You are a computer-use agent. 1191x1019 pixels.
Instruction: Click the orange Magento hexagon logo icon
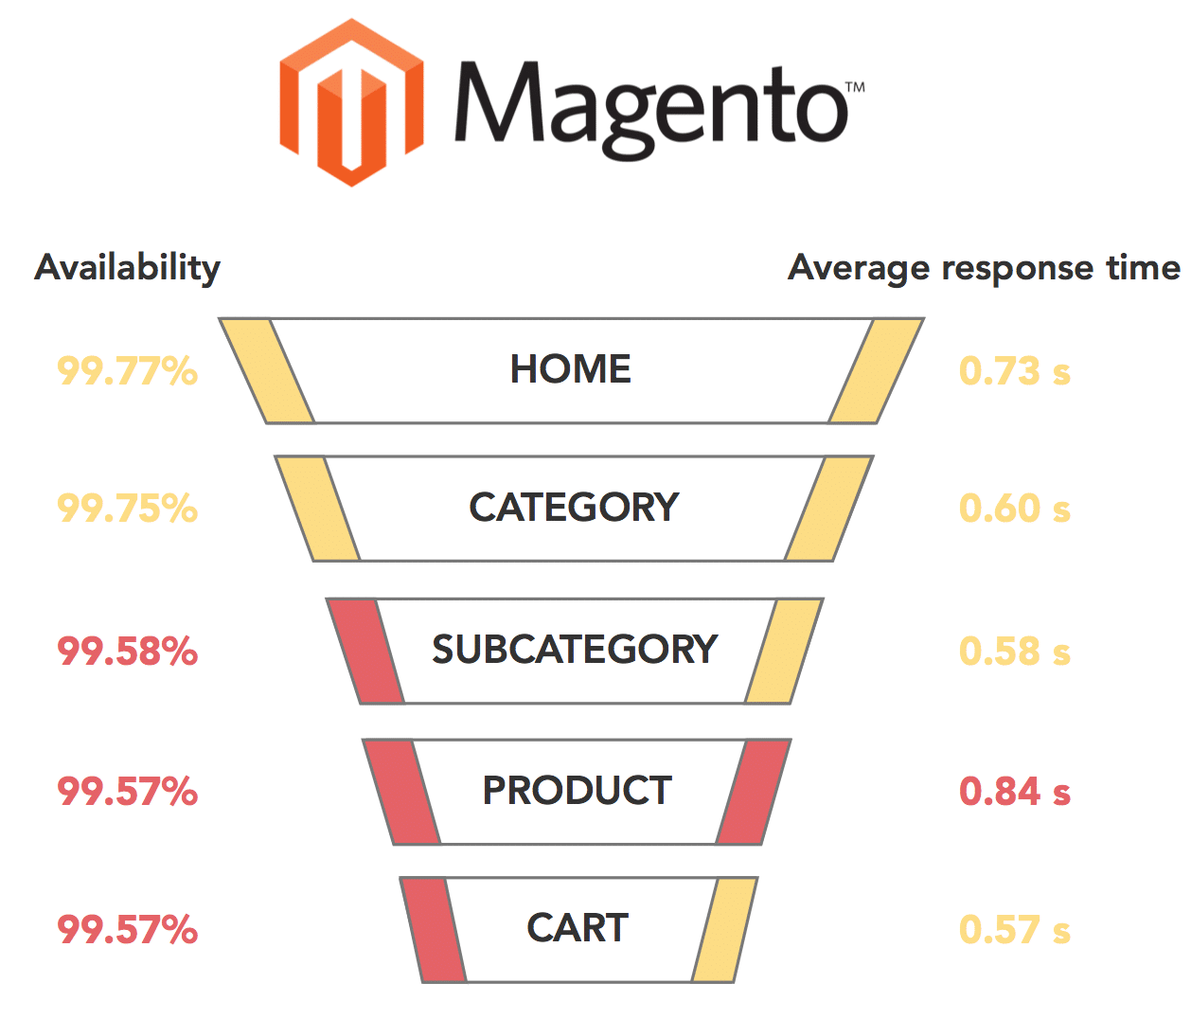tap(351, 102)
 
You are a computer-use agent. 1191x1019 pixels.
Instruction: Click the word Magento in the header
tap(651, 107)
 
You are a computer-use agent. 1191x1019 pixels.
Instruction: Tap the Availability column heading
tap(128, 268)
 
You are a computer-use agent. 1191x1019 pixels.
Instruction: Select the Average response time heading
tap(984, 268)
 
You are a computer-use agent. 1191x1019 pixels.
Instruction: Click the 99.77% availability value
tap(128, 370)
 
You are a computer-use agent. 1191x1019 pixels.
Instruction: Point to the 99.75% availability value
tap(128, 509)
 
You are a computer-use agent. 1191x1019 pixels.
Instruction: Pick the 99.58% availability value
tap(128, 652)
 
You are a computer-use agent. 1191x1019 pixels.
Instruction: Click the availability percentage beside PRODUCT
tap(128, 792)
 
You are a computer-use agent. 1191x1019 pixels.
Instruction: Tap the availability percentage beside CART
tap(128, 930)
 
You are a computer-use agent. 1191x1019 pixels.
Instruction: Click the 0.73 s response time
tap(1014, 371)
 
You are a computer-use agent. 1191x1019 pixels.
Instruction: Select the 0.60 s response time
tap(1014, 509)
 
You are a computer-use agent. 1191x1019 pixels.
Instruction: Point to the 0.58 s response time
tap(1014, 652)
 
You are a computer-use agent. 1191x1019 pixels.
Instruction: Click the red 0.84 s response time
tap(1014, 792)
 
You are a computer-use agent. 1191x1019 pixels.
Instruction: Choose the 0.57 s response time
tap(1014, 930)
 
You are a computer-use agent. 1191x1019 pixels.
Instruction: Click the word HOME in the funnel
tap(571, 369)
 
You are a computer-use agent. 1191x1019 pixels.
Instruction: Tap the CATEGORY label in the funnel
tap(574, 508)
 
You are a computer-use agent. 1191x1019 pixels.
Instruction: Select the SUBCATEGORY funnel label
tap(575, 650)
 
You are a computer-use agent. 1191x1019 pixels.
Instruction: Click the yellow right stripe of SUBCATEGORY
tap(783, 652)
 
